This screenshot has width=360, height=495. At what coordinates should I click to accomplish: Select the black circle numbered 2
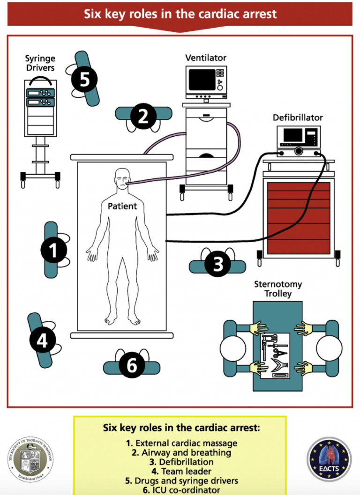click(x=143, y=117)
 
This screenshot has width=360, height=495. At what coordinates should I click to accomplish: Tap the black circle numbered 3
click(x=218, y=265)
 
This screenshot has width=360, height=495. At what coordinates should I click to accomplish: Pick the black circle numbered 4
click(x=42, y=340)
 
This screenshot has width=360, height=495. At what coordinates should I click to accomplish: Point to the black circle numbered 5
click(x=84, y=79)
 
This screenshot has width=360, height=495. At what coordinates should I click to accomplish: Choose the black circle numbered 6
click(x=132, y=365)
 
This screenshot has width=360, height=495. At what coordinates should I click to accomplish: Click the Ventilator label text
click(x=206, y=58)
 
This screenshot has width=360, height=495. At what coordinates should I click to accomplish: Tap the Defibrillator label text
click(x=298, y=118)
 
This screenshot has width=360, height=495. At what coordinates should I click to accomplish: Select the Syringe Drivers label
click(x=40, y=63)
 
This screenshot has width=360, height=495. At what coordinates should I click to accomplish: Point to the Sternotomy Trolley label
click(x=278, y=289)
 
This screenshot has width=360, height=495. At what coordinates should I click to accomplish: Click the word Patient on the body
click(x=122, y=206)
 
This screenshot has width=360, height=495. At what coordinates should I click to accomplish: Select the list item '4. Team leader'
click(x=180, y=471)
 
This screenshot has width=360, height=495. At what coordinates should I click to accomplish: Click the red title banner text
click(x=180, y=14)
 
